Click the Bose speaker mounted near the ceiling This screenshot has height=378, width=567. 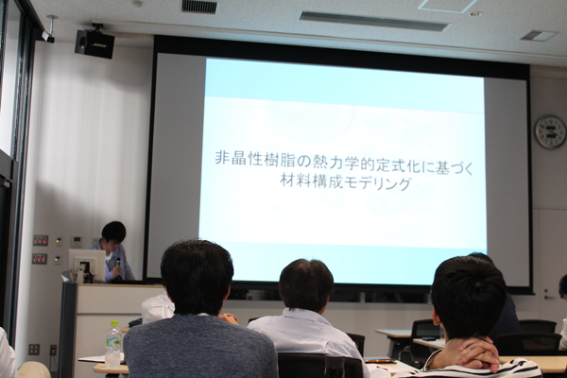pos(94,43)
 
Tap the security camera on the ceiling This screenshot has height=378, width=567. pos(48,36)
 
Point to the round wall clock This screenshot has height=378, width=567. pos(550,131)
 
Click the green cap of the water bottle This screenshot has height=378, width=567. pos(114,323)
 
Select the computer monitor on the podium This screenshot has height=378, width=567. pos(82,265)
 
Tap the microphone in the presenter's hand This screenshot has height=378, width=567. pos(117,264)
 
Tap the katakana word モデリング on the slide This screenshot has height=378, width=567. pos(377,182)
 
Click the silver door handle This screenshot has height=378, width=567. pos(548,296)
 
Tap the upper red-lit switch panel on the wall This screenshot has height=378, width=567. pos(40,240)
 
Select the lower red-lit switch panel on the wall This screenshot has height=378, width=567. pos(40,259)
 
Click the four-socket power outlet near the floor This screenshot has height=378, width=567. pos(34,349)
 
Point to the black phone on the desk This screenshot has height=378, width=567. pos(429,338)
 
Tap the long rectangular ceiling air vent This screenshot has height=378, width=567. pos(373,22)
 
